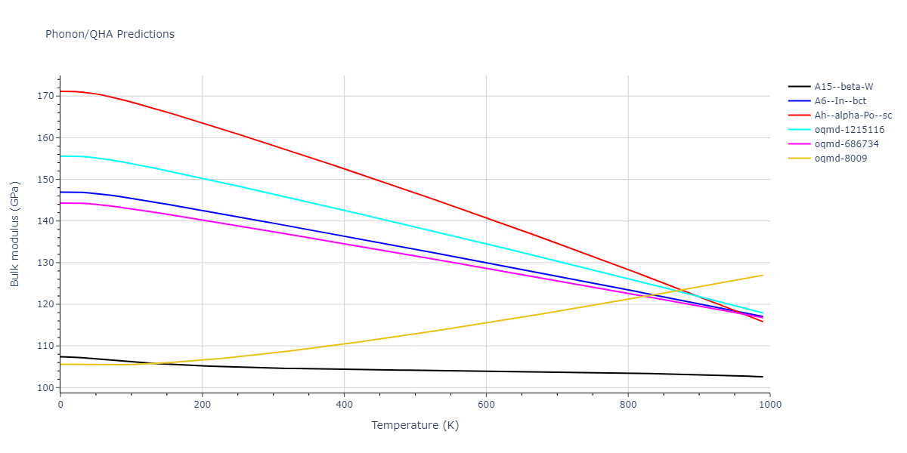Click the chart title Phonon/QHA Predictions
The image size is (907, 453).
pos(110,34)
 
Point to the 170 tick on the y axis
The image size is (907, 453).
pos(47,96)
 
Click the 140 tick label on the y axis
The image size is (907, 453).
pos(47,221)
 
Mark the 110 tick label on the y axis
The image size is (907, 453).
pos(47,346)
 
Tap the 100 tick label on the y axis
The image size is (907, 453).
pos(47,388)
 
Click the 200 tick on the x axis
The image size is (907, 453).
pos(202,404)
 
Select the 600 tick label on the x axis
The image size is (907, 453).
pos(486,404)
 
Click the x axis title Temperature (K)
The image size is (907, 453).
pos(415,425)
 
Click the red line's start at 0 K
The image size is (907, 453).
pos(60,91)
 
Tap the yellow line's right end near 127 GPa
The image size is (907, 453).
pos(763,275)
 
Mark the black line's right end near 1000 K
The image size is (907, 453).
pos(763,377)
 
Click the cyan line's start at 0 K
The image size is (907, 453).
pos(60,156)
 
